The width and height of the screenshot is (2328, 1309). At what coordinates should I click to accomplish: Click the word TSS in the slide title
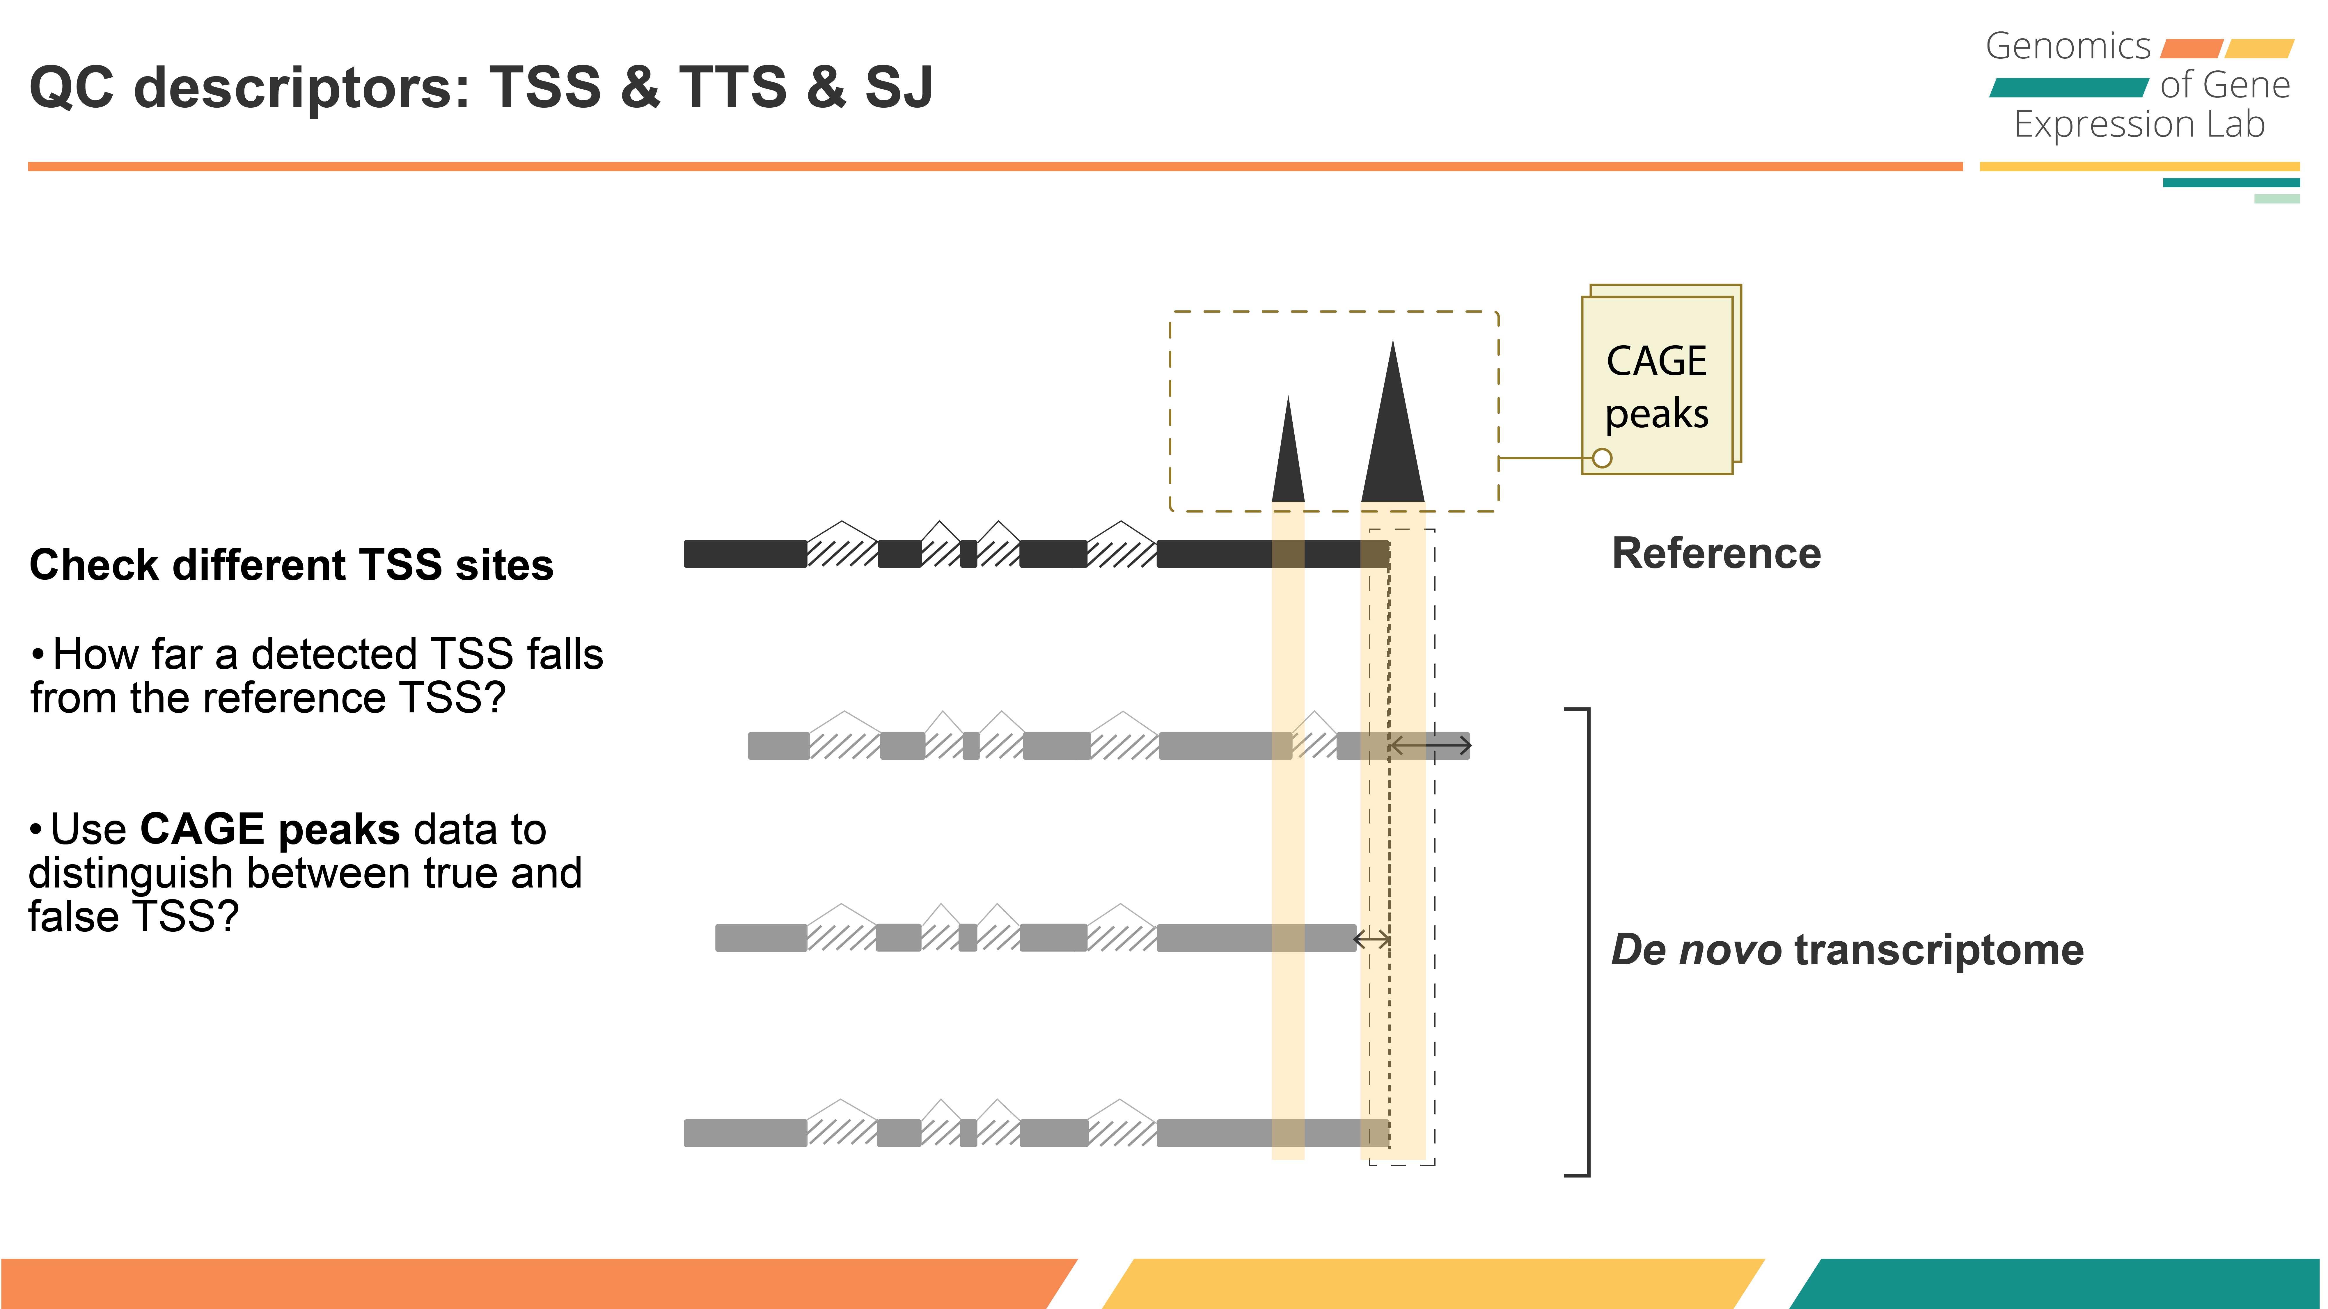[545, 88]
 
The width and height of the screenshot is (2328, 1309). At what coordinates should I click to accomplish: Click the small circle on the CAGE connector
[1602, 458]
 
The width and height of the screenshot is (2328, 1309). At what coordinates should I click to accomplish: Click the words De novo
[1695, 950]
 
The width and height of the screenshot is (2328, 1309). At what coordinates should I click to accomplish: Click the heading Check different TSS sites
[291, 565]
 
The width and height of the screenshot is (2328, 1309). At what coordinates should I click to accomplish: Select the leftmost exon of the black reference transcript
[745, 554]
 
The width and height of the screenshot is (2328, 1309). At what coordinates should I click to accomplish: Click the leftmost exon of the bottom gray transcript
[745, 1133]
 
